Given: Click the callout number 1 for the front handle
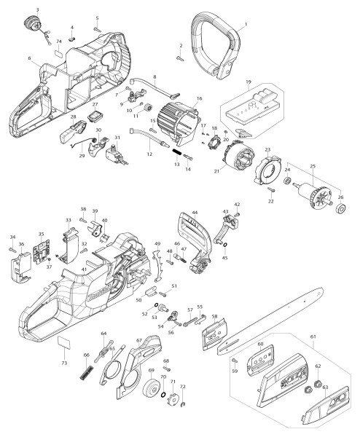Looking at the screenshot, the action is click(x=246, y=24).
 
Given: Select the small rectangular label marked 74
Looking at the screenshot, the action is click(x=59, y=52).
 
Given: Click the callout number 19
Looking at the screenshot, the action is click(x=249, y=82).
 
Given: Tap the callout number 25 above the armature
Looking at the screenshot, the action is click(x=313, y=166).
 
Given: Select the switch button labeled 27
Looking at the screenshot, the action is click(x=94, y=116).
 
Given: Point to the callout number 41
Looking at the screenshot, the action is click(x=84, y=269).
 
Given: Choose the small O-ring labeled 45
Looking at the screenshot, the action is click(x=224, y=245).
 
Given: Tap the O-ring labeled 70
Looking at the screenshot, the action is click(x=163, y=395).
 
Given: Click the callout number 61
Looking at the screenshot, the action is click(x=313, y=336).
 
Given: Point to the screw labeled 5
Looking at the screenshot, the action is click(x=98, y=28).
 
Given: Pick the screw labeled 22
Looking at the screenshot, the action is click(x=271, y=189).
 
